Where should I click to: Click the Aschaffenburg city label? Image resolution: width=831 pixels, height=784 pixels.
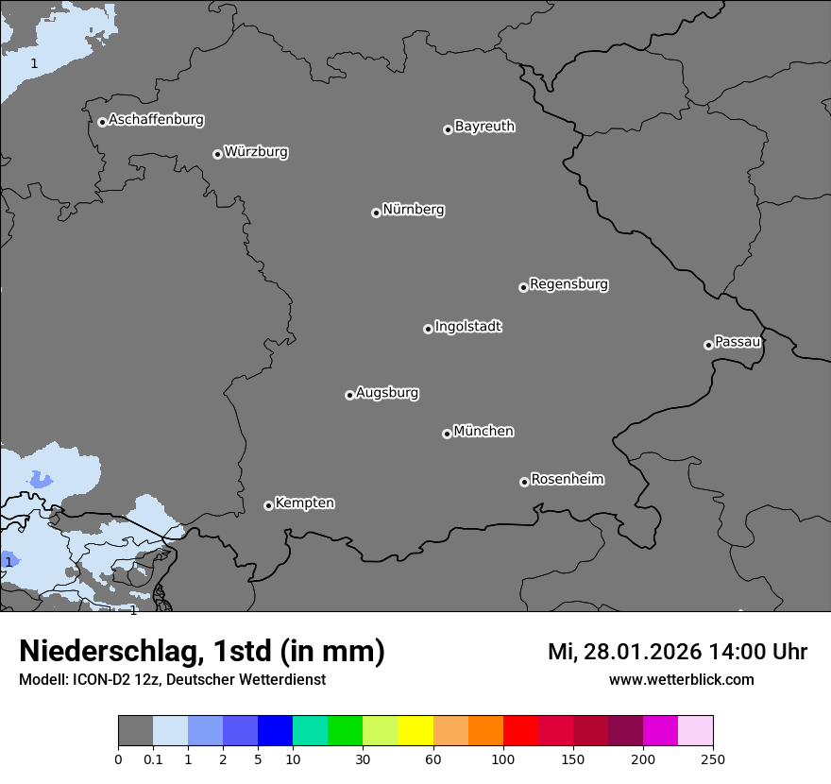coord(156,120)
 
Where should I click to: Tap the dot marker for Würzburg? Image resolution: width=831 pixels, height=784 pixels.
coord(217,154)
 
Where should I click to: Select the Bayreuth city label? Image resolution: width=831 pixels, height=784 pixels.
coord(484,127)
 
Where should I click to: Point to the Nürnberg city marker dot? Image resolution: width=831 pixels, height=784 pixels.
coord(376,213)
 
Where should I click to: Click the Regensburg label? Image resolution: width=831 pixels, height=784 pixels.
coord(568,284)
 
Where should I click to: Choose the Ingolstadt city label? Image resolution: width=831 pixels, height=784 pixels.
coord(467,327)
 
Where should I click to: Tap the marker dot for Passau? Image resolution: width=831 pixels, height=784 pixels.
coord(708,345)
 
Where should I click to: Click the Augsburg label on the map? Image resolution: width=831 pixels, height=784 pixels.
coord(387,393)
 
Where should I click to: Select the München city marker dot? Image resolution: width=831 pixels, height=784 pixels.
coord(447,434)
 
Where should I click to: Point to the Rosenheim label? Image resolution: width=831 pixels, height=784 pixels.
coord(567,480)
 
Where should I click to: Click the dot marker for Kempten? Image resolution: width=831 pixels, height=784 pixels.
coord(268,505)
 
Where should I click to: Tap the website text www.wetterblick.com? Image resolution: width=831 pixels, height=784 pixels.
coord(681,680)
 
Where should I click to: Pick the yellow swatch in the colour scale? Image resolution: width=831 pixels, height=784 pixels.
coord(415,731)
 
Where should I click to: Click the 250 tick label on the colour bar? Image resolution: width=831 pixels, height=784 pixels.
coord(713,758)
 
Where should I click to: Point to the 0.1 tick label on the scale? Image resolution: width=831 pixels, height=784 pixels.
coord(153,758)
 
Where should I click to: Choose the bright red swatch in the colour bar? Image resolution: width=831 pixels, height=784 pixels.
coord(520,731)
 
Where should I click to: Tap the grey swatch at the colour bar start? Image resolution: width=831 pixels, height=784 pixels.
coord(135,731)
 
